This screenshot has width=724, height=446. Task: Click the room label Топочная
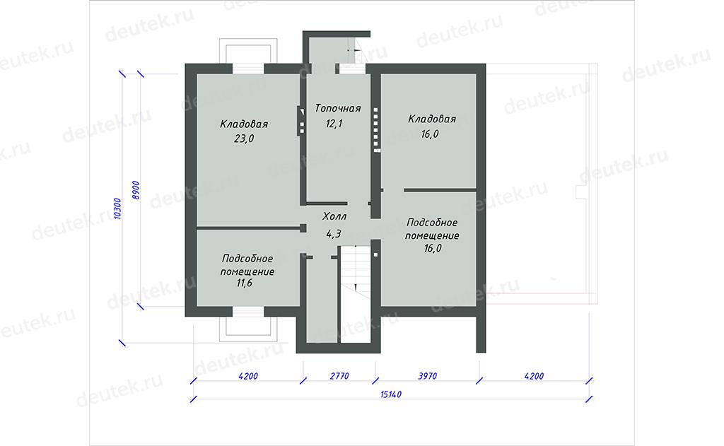click(x=337, y=109)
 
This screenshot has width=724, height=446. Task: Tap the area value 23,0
click(x=244, y=139)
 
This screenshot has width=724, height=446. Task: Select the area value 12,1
click(x=334, y=124)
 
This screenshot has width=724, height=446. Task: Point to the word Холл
click(x=334, y=216)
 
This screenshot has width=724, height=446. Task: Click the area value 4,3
click(x=334, y=234)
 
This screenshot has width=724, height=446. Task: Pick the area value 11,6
click(x=244, y=283)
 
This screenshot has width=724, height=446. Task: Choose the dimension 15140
click(x=390, y=394)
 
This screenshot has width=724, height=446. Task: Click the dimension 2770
click(x=339, y=376)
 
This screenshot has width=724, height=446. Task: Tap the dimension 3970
click(x=428, y=376)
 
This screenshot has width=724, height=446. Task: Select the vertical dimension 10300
click(x=117, y=209)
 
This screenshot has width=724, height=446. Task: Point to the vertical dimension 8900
click(x=135, y=190)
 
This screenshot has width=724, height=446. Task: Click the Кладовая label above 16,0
click(x=432, y=119)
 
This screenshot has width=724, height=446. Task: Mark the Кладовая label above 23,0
click(x=244, y=124)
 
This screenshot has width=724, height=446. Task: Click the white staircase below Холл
click(x=356, y=294)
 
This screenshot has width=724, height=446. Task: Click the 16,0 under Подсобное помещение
click(x=433, y=248)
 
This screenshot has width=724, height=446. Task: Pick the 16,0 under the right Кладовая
click(x=430, y=134)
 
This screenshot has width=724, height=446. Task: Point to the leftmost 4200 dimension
click(x=248, y=376)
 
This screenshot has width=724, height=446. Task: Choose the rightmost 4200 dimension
click(x=534, y=376)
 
